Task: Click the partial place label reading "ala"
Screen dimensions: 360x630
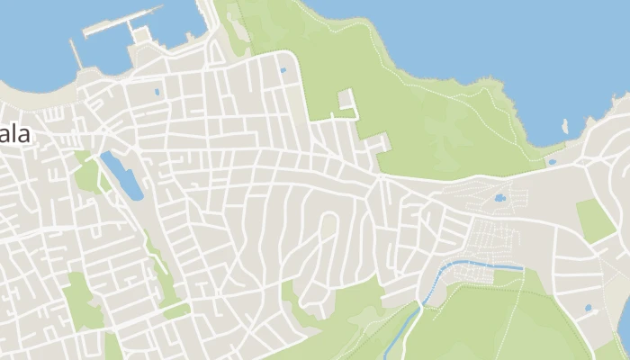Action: coord(15,135)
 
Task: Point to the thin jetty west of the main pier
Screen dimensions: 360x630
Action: coord(76,53)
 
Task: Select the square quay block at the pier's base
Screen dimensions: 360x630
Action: coord(139,35)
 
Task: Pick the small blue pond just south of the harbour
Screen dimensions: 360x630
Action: coord(157,91)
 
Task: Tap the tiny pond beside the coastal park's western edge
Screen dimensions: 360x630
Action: coord(283,69)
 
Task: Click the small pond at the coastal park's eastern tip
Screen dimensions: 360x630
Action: coord(551,162)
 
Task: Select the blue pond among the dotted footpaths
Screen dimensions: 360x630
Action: coord(500,197)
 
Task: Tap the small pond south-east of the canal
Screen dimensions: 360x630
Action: coord(588,308)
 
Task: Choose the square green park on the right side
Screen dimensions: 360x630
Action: coord(595,220)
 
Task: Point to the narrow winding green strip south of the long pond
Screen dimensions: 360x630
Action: coord(161,270)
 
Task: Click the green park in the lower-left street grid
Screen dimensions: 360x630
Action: coord(81,301)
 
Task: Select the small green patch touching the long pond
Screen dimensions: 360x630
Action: coord(88,175)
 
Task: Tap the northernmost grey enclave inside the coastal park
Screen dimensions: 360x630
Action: coord(346,100)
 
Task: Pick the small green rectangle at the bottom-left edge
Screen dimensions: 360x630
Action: coord(112,347)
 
